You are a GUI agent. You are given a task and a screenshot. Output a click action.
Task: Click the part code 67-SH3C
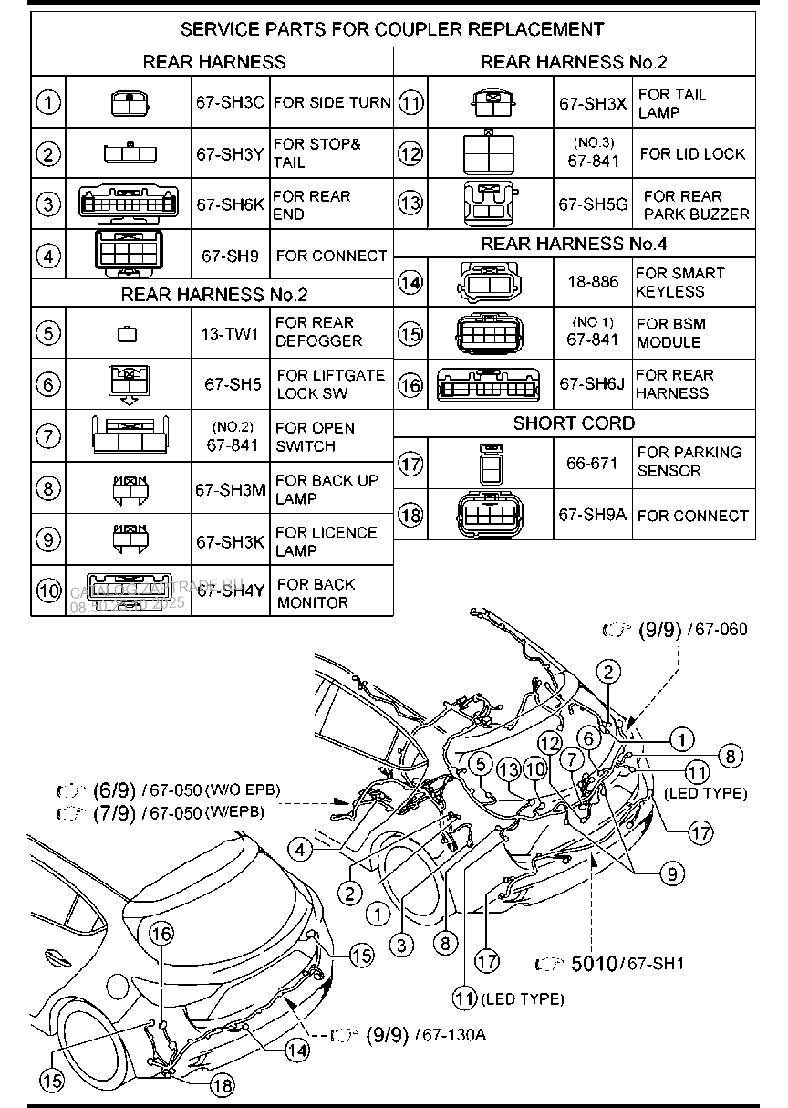point(230,103)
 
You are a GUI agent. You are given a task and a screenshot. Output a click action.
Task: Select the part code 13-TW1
point(230,333)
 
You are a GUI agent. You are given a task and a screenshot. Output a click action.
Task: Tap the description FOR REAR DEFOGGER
point(319,332)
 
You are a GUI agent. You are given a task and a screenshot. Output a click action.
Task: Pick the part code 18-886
point(593,283)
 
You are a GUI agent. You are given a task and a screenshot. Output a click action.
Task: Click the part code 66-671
point(592,463)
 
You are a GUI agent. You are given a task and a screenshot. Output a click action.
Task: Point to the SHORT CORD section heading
point(574,423)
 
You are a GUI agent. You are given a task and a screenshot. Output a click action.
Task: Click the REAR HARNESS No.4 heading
point(574,245)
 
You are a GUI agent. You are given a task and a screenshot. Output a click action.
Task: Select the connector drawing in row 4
point(128,255)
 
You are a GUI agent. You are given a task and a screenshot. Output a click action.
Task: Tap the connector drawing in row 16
point(492,384)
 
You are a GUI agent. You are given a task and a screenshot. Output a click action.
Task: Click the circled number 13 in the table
point(411,204)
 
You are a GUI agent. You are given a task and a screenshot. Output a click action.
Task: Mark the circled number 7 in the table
point(47,436)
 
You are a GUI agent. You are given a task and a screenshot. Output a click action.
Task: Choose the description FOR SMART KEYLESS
point(680,283)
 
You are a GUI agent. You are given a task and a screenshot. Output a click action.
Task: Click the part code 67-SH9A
point(593,515)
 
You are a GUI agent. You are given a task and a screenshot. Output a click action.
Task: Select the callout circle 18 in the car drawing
point(222,1084)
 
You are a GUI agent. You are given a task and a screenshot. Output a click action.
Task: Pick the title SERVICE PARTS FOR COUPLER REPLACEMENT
point(392,29)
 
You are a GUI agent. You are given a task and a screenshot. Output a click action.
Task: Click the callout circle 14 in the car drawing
point(297,1050)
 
